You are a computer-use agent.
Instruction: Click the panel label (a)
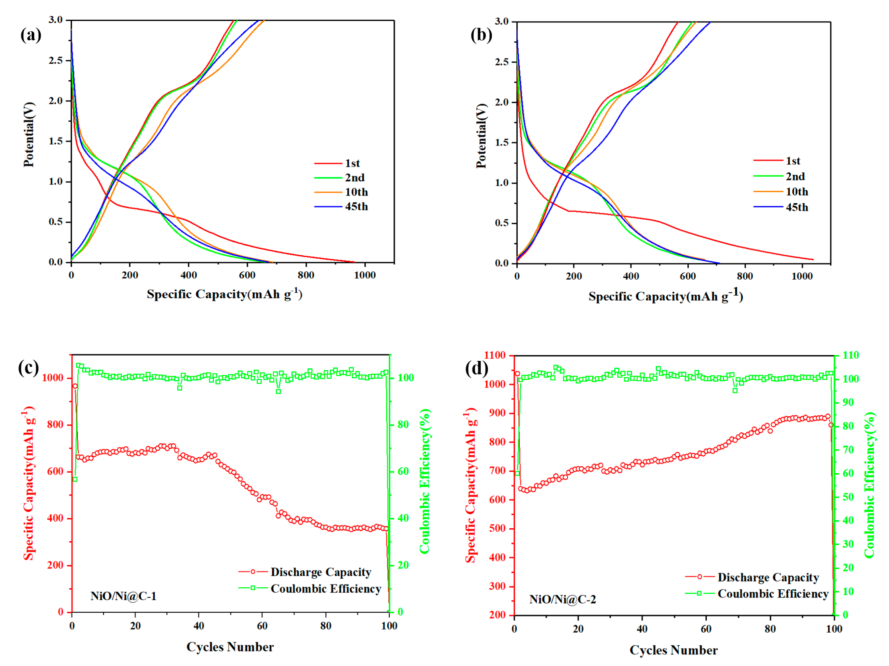pyautogui.click(x=30, y=35)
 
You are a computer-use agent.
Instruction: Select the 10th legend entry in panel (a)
pyautogui.click(x=356, y=192)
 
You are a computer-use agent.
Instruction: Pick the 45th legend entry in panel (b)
pyautogui.click(x=796, y=207)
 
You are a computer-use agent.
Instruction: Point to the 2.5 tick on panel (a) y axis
pyautogui.click(x=56, y=61)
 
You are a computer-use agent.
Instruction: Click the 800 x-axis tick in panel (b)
pyautogui.click(x=745, y=276)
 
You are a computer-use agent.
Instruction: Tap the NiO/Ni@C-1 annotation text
pyautogui.click(x=123, y=596)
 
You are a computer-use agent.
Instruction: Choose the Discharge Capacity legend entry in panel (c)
pyautogui.click(x=320, y=572)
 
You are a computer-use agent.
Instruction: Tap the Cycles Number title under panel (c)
pyautogui.click(x=230, y=647)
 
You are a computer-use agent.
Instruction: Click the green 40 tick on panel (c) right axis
pyautogui.click(x=403, y=518)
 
